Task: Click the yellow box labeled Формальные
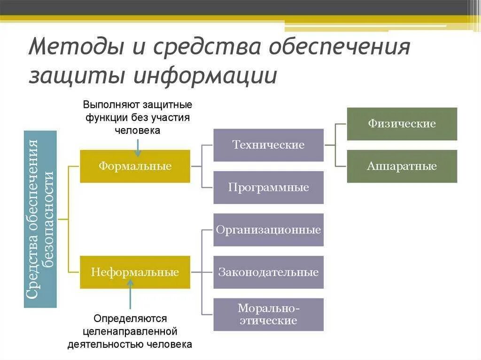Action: [x=135, y=166]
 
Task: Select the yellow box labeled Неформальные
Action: [x=135, y=272]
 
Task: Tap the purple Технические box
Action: [x=268, y=145]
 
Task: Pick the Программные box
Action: [x=268, y=187]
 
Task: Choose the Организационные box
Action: [x=268, y=230]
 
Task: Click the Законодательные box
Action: [x=268, y=272]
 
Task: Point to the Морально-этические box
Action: [x=268, y=314]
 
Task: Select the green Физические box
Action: [x=402, y=124]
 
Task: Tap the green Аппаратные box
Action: [x=402, y=166]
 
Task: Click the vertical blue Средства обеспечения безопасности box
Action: [x=40, y=219]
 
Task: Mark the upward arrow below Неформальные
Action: [x=131, y=293]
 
